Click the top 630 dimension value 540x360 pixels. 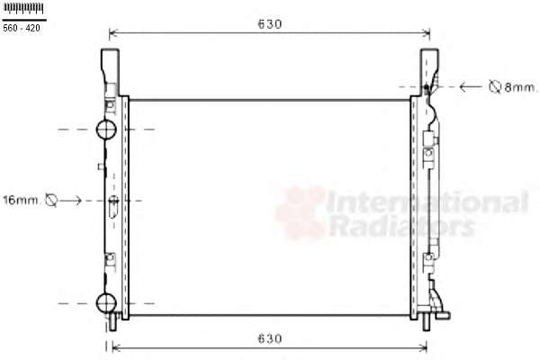pyautogui.click(x=270, y=23)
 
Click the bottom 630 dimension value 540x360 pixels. pyautogui.click(x=270, y=338)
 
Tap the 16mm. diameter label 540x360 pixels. pyautogui.click(x=21, y=200)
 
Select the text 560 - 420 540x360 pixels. pyautogui.click(x=22, y=28)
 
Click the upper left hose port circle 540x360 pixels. pyautogui.click(x=106, y=130)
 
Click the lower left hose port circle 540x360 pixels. pyautogui.click(x=106, y=303)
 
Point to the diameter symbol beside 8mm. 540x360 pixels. pyautogui.click(x=495, y=86)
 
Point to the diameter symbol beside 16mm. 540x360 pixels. pyautogui.click(x=51, y=200)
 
